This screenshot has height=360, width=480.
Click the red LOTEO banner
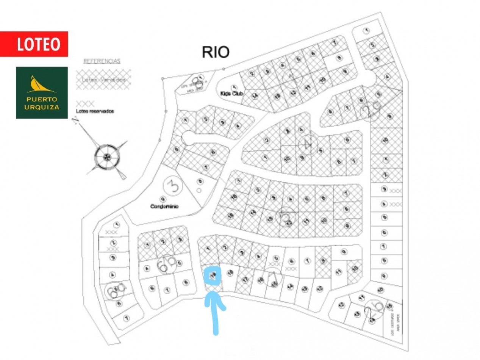pyautogui.click(x=34, y=44)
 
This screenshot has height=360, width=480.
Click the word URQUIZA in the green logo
pyautogui.click(x=42, y=107)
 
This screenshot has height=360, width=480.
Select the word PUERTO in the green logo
pyautogui.click(x=42, y=100)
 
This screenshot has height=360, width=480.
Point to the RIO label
pyautogui.click(x=216, y=52)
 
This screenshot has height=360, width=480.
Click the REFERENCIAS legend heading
pyautogui.click(x=102, y=61)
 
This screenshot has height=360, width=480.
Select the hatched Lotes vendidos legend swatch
pyautogui.click(x=104, y=80)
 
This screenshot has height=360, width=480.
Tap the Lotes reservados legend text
pyautogui.click(x=95, y=111)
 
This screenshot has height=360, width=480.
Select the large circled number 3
pyautogui.click(x=173, y=186)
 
